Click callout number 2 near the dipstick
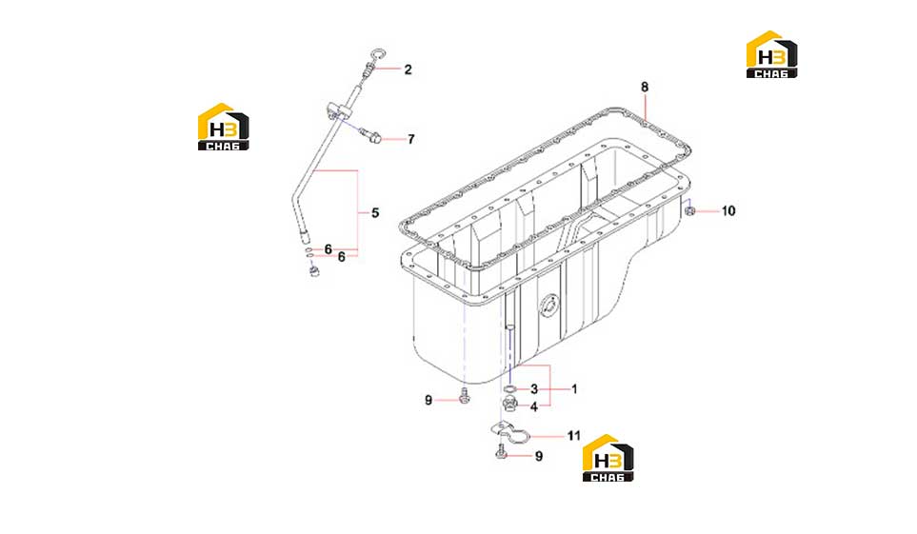pyautogui.click(x=408, y=69)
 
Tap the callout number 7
pyautogui.click(x=411, y=139)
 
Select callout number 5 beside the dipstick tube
pyautogui.click(x=375, y=213)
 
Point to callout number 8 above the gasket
pyautogui.click(x=645, y=88)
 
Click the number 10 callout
pyautogui.click(x=728, y=210)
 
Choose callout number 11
pyautogui.click(x=573, y=436)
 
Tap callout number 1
pyautogui.click(x=574, y=389)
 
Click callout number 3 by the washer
pyautogui.click(x=534, y=389)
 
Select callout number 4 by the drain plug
pyautogui.click(x=534, y=406)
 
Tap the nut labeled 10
pyautogui.click(x=690, y=210)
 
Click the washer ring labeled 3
pyautogui.click(x=510, y=389)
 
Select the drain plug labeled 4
pyautogui.click(x=509, y=403)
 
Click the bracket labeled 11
pyautogui.click(x=510, y=434)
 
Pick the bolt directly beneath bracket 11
pyautogui.click(x=501, y=452)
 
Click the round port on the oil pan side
pyautogui.click(x=549, y=306)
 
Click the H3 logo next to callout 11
pyautogui.click(x=608, y=458)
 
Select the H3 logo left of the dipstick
pyautogui.click(x=224, y=127)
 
